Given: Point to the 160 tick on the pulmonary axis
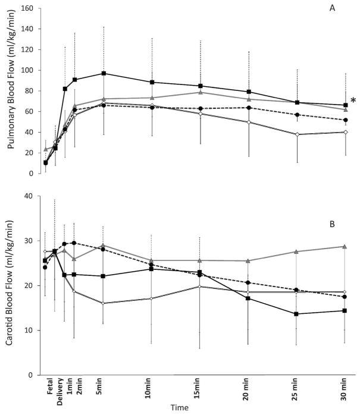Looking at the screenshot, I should tap(28, 8).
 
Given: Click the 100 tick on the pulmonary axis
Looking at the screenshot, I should tap(28, 70).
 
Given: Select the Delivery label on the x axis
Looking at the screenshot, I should tap(60, 394).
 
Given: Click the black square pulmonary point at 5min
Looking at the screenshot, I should tap(104, 73).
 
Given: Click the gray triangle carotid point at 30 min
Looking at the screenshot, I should tap(346, 246).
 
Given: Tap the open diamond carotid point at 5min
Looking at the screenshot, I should tap(104, 303).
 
